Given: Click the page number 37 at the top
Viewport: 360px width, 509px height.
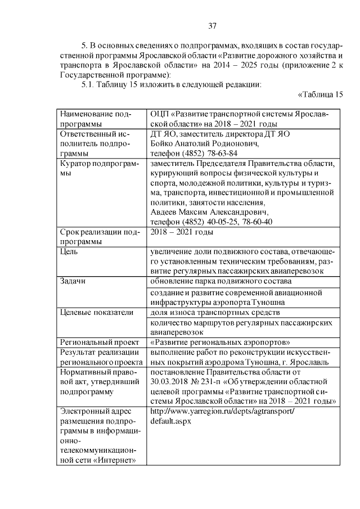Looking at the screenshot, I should [213, 25].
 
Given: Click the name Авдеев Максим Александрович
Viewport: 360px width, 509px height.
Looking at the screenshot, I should [210, 213].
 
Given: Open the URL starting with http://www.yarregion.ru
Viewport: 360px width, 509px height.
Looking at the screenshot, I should [222, 411].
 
